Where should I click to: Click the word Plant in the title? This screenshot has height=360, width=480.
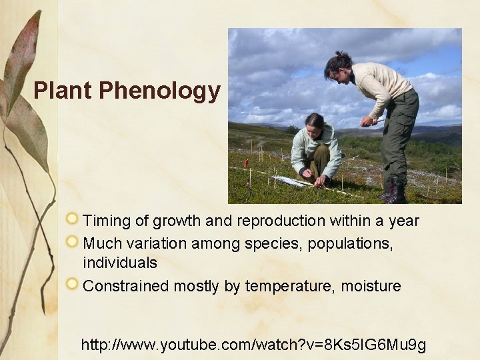[x=63, y=91]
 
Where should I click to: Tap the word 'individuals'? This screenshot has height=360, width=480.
[x=120, y=263]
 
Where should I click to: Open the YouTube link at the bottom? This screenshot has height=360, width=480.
[x=253, y=345]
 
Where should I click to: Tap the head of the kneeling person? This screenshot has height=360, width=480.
[x=314, y=123]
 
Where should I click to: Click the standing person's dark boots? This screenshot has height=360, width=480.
[x=395, y=191]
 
